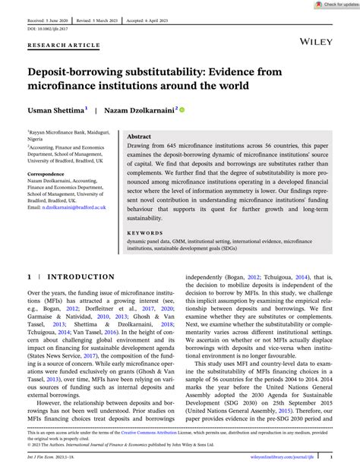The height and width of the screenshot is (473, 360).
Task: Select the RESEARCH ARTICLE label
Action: (64, 46)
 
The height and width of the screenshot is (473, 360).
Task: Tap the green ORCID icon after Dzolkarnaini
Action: (182, 109)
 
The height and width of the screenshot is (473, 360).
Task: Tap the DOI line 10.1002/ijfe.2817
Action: (46, 24)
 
